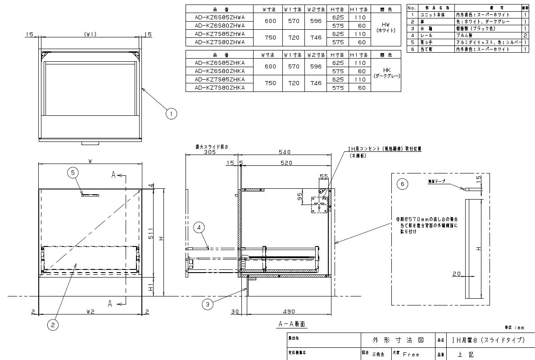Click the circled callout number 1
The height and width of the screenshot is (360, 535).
(x=171, y=114)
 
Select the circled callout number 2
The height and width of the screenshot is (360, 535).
(x=53, y=324)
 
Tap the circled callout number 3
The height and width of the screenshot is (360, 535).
(x=207, y=305)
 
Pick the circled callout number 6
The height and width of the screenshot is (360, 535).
(x=403, y=184)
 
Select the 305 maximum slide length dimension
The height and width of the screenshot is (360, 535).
(x=197, y=152)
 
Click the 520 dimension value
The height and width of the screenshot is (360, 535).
(x=286, y=163)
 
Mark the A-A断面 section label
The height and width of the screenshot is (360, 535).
(x=291, y=324)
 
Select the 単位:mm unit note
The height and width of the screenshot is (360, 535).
(x=515, y=328)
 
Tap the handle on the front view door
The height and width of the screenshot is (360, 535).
(x=90, y=195)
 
